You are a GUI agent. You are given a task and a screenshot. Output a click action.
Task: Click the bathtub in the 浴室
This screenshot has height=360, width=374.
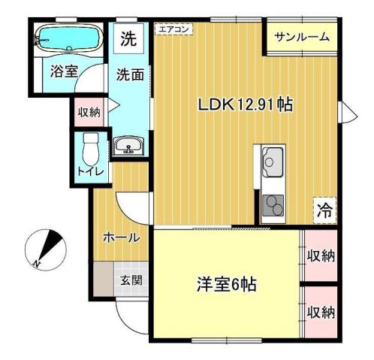pyautogui.click(x=68, y=37)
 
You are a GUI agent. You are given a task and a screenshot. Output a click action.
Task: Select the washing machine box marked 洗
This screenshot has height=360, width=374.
pyautogui.click(x=129, y=40)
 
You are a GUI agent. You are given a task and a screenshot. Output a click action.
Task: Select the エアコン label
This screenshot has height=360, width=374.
pyautogui.click(x=173, y=29)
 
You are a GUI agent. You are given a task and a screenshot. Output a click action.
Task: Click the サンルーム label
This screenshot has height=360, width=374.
pyautogui.click(x=301, y=37)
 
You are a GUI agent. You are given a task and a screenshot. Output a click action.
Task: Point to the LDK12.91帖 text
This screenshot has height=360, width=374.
pyautogui.click(x=245, y=104)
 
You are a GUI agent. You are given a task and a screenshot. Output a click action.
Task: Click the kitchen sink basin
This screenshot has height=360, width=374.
pyautogui.click(x=271, y=160)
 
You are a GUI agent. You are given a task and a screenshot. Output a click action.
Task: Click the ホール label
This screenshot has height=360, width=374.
pyautogui.click(x=121, y=237)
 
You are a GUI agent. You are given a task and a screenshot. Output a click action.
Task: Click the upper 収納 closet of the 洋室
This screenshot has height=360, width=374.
pyautogui.click(x=320, y=256)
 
